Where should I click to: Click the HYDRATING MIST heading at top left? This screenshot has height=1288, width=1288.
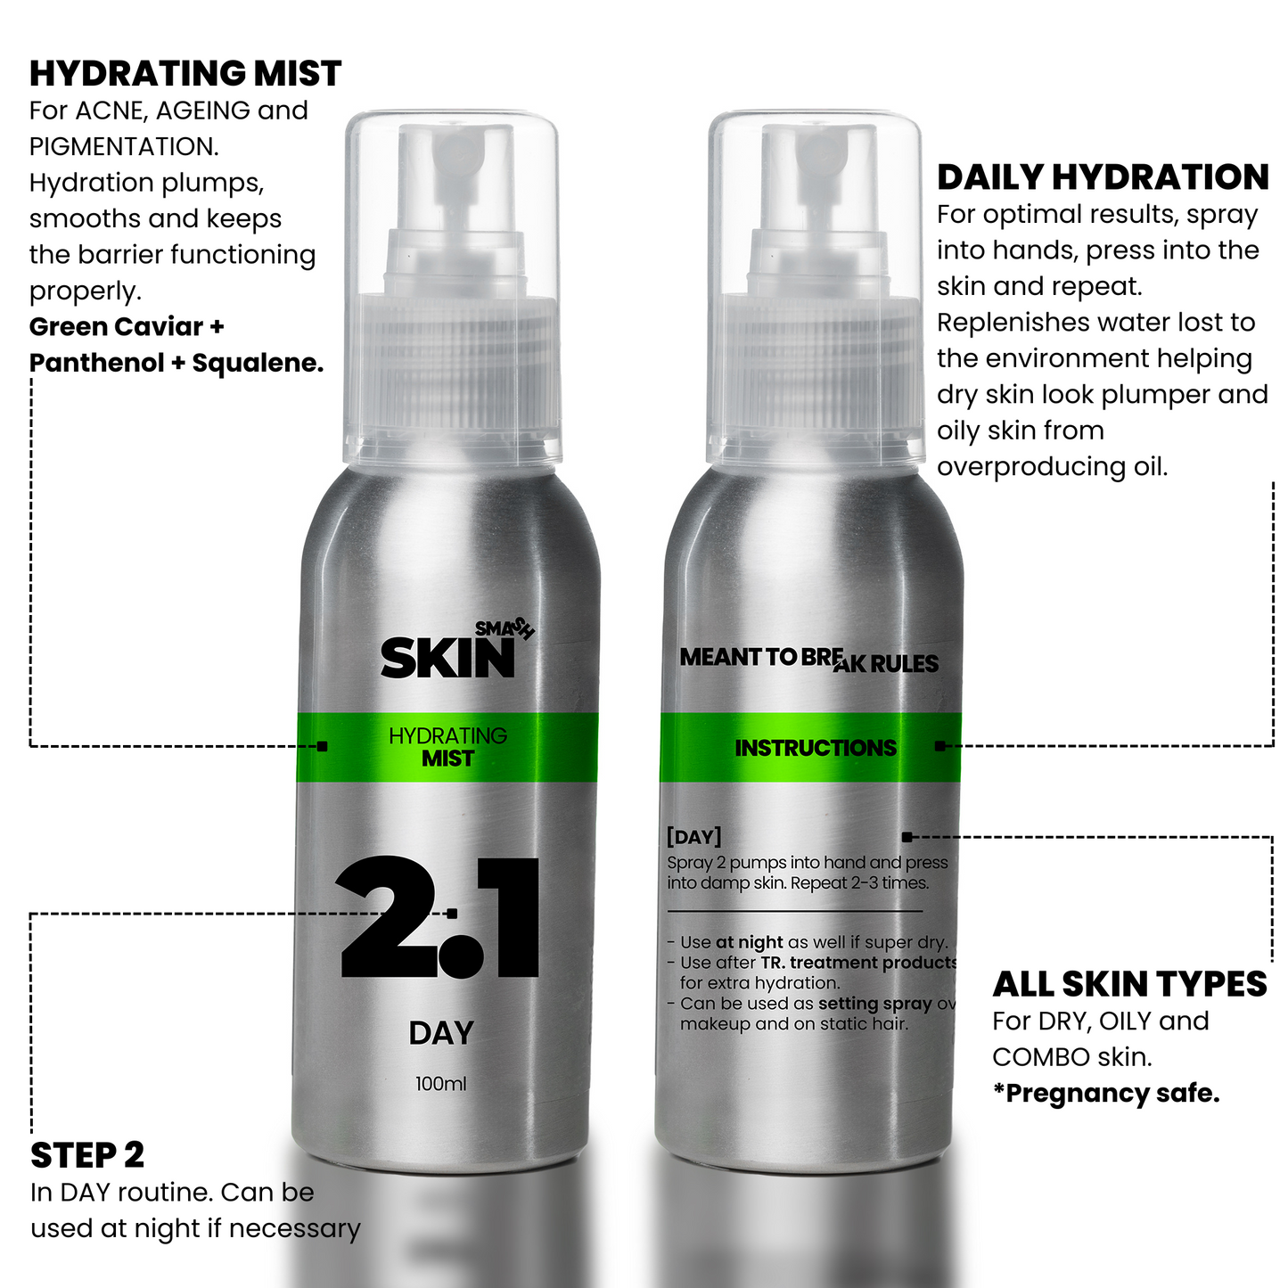[x=185, y=73]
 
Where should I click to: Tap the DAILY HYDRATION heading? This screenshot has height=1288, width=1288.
[x=1103, y=177]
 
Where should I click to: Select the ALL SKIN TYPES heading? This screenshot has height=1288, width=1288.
[x=1129, y=984]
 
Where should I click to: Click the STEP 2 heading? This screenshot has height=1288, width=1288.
[x=87, y=1155]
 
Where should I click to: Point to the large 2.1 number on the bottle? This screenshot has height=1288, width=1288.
[x=439, y=917]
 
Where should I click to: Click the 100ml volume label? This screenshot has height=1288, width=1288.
[x=440, y=1084]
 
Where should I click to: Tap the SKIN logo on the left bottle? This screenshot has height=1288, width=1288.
[x=447, y=659]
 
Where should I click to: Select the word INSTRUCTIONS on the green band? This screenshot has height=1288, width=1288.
[x=816, y=748]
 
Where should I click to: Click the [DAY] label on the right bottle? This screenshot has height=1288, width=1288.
[x=693, y=836]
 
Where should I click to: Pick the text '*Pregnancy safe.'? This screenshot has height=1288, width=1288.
[x=1106, y=1094]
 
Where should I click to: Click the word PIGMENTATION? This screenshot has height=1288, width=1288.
[x=124, y=146]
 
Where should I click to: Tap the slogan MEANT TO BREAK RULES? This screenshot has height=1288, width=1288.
[x=808, y=660]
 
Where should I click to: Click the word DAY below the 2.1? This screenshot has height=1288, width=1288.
[x=441, y=1033]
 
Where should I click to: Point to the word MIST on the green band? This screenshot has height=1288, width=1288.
[x=447, y=759]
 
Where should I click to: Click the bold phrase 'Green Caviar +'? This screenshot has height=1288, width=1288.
[x=127, y=327]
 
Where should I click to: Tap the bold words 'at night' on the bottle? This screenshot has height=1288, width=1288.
[x=749, y=942]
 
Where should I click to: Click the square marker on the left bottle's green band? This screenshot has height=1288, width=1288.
[x=322, y=746]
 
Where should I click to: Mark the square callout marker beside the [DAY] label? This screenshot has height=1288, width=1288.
[x=907, y=837]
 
